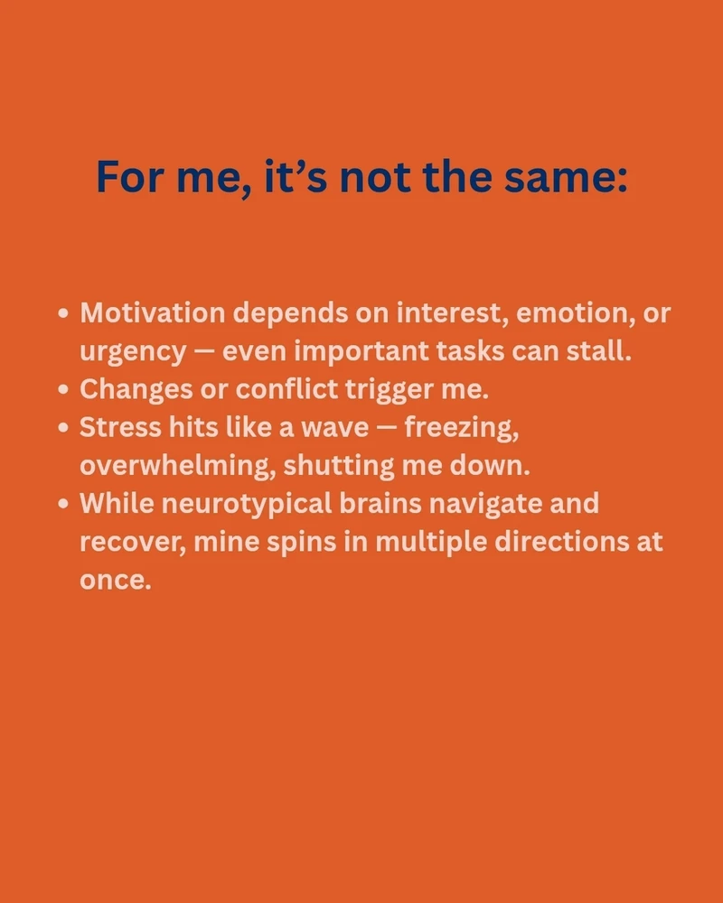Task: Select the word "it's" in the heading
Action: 296,176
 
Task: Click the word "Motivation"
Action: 153,312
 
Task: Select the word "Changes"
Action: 136,389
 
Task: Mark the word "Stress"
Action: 120,427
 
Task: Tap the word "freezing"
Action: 461,428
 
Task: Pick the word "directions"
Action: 562,542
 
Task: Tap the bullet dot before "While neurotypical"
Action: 63,504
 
